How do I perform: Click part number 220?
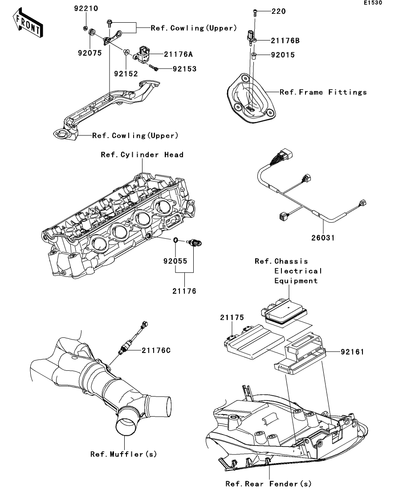[279, 11]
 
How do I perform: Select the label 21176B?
[285, 41]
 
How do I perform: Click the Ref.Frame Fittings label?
[323, 92]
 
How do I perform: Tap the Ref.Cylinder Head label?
[142, 155]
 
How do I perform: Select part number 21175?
[232, 317]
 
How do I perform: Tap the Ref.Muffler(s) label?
[124, 454]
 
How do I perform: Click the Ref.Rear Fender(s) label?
[268, 484]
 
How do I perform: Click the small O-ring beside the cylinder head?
[176, 240]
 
